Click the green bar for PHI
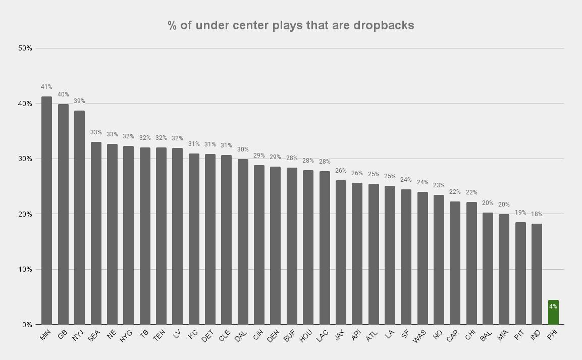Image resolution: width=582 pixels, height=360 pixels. coord(553,313)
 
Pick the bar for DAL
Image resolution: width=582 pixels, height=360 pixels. coord(243,242)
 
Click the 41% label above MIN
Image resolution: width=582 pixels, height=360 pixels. coord(46,87)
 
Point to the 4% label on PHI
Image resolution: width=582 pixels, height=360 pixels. coord(553,306)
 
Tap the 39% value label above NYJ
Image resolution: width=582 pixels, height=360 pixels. coord(79,101)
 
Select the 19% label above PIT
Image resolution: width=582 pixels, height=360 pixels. coord(520,213)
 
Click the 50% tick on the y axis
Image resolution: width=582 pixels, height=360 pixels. coord(25,48)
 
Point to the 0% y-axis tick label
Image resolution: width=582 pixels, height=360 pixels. coord(27,325)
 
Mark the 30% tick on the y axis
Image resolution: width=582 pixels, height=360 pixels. coord(25,159)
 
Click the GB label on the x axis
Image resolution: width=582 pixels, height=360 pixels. coord(63,335)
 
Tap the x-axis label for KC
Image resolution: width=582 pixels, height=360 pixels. coord(193,335)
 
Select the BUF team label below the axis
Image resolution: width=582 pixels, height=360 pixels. coord(290,336)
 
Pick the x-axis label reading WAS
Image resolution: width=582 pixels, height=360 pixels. coord(420,337)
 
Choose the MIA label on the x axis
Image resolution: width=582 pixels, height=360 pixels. coord(503,336)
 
